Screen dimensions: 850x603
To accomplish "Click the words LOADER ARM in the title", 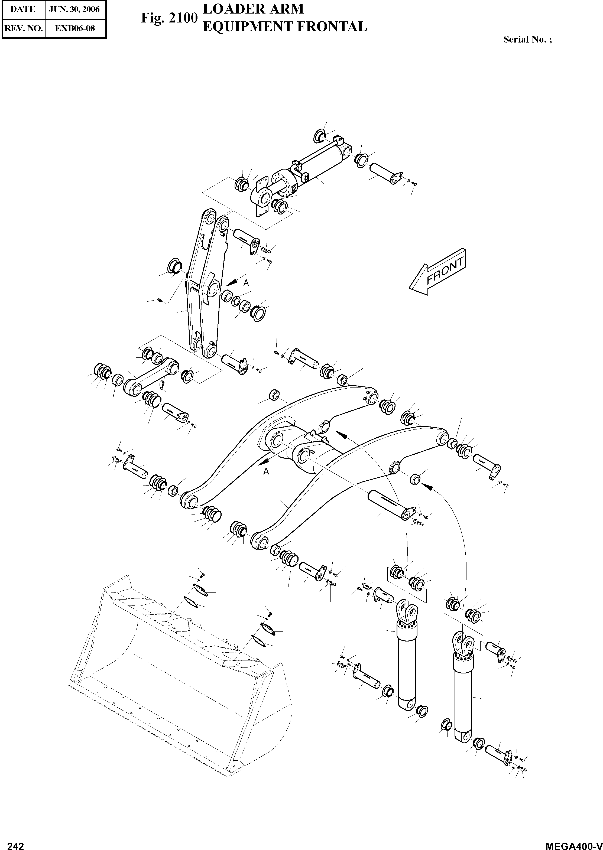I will (x=253, y=9).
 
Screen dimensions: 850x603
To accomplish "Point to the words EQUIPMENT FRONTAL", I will (x=285, y=27).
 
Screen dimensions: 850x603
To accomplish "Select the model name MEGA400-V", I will (x=573, y=843).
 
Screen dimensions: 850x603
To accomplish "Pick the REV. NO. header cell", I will (x=23, y=28).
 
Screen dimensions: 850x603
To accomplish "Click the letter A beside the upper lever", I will (x=246, y=283).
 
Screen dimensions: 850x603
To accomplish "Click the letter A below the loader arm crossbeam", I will (x=266, y=471).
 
